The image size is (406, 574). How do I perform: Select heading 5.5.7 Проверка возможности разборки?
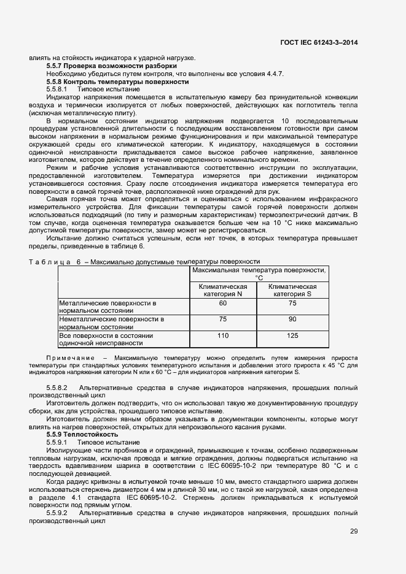pyautogui.click(x=112, y=66)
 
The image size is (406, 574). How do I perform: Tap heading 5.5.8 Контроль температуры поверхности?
pyautogui.click(x=117, y=82)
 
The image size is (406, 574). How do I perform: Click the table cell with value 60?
pyautogui.click(x=222, y=303)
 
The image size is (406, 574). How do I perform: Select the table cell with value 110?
pyautogui.click(x=222, y=335)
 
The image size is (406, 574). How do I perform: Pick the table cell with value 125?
pyautogui.click(x=292, y=335)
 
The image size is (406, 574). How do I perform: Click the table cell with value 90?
pyautogui.click(x=292, y=319)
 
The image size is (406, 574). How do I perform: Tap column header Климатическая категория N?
pyautogui.click(x=222, y=290)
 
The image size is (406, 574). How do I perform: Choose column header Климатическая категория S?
pyautogui.click(x=292, y=290)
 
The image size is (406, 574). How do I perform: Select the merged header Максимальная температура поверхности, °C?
pyautogui.click(x=259, y=274)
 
